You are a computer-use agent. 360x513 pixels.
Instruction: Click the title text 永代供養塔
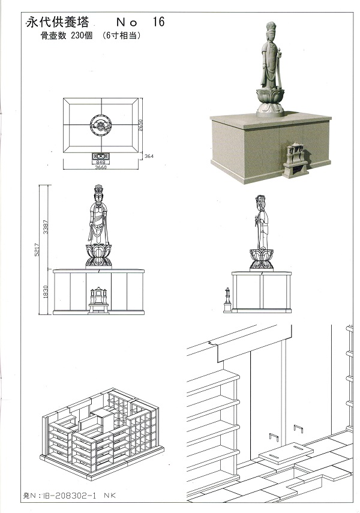(x=57, y=22)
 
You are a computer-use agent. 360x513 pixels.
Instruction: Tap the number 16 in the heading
(x=158, y=22)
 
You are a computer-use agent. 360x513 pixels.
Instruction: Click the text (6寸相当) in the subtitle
(x=121, y=35)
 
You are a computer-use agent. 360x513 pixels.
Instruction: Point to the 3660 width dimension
(x=101, y=167)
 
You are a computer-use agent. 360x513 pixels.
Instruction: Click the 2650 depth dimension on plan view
(x=141, y=125)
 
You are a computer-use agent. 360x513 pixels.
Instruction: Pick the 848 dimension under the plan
(x=101, y=162)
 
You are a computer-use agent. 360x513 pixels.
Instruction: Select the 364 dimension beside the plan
(x=149, y=156)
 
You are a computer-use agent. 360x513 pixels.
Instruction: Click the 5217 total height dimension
(x=37, y=250)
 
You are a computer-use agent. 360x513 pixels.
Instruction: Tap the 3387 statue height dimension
(x=46, y=227)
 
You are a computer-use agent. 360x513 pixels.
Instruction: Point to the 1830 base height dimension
(x=46, y=292)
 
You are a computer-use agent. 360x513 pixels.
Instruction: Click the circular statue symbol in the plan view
(x=101, y=125)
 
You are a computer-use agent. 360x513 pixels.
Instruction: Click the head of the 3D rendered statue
(x=271, y=31)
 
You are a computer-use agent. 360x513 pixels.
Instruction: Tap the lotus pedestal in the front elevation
(x=98, y=256)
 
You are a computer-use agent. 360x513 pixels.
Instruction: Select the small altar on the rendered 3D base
(x=296, y=160)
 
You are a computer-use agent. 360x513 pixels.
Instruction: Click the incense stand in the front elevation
(x=98, y=301)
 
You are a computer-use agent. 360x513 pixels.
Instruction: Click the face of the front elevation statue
(x=98, y=197)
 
